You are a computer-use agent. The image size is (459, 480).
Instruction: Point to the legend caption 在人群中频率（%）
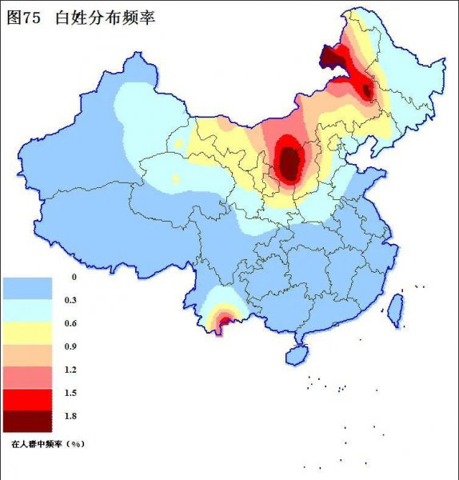tap(47, 442)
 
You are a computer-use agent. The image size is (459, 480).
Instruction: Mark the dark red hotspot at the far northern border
tap(329, 58)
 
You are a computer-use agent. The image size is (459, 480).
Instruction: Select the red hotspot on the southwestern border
tap(223, 322)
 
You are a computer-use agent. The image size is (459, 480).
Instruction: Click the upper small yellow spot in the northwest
tap(179, 144)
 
